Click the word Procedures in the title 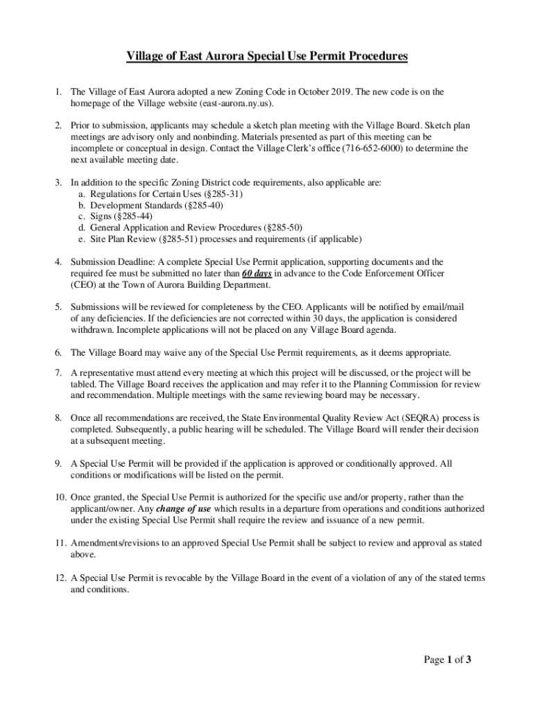point(372,56)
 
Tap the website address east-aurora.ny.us point(234,103)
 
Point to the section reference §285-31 point(220,194)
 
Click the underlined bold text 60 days point(252,273)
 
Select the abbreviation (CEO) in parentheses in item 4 point(84,284)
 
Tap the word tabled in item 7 point(83,384)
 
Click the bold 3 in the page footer point(469,659)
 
